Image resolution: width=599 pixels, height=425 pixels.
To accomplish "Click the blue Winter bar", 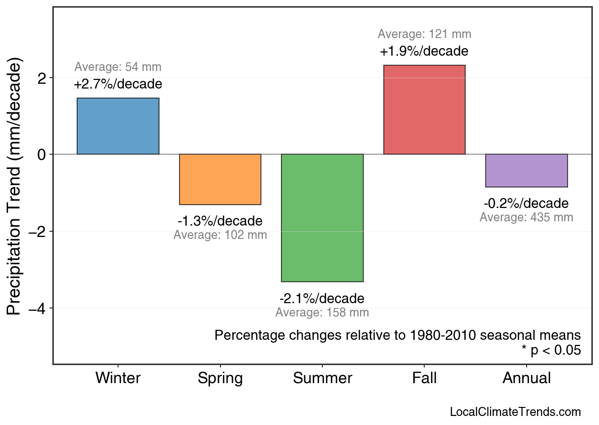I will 118,126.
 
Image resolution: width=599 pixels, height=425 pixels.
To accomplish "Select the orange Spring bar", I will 220,179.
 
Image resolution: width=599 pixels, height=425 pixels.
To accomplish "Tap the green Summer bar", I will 322,218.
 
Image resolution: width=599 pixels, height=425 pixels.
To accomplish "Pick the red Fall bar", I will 424,109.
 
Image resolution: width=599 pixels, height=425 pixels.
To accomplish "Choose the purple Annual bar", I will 526,170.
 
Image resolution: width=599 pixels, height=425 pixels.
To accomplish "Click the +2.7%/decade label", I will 118,85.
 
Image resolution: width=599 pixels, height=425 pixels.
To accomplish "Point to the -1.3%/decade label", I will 220,221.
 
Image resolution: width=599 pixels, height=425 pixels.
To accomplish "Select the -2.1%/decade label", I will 322,299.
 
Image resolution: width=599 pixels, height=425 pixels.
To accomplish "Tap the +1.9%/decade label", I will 424,51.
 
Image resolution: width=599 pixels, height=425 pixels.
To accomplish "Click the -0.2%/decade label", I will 526,204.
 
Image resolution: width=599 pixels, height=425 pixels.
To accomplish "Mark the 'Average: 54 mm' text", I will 118,67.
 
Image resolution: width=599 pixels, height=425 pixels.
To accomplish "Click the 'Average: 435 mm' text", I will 526,217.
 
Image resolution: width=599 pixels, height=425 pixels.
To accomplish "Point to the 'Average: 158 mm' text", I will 322,313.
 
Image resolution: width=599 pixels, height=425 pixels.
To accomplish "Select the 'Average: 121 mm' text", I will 424,34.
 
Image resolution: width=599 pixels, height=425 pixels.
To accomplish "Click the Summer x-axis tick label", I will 322,378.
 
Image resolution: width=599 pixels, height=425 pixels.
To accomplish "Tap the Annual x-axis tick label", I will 527,378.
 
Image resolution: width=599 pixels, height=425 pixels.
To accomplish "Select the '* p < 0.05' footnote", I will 551,351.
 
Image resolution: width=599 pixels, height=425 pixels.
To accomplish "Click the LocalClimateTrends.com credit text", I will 515,412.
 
